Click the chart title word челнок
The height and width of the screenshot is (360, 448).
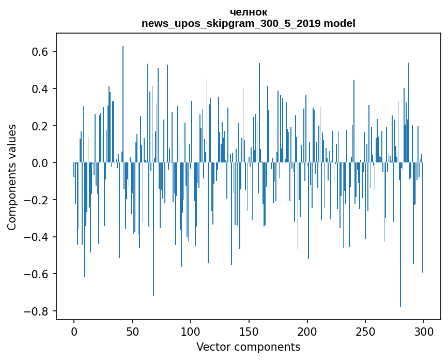(x=249, y=12)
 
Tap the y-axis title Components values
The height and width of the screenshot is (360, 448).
(x=12, y=177)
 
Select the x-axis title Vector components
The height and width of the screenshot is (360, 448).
(x=248, y=347)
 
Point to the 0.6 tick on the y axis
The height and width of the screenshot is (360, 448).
(x=39, y=52)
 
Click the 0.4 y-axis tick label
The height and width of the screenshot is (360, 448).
(x=39, y=89)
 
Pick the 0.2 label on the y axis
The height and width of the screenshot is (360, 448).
(x=39, y=126)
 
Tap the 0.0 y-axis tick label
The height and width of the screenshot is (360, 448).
(x=39, y=163)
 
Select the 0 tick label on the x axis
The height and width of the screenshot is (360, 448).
(x=74, y=331)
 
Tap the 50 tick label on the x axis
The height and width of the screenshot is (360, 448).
(x=132, y=331)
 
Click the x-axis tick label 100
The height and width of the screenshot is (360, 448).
(x=191, y=331)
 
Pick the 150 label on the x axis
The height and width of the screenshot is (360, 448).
(x=249, y=331)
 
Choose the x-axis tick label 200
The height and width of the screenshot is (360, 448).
(x=307, y=331)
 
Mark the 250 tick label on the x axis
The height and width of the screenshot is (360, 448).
(x=365, y=331)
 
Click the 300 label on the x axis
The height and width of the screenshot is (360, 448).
(x=424, y=331)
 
